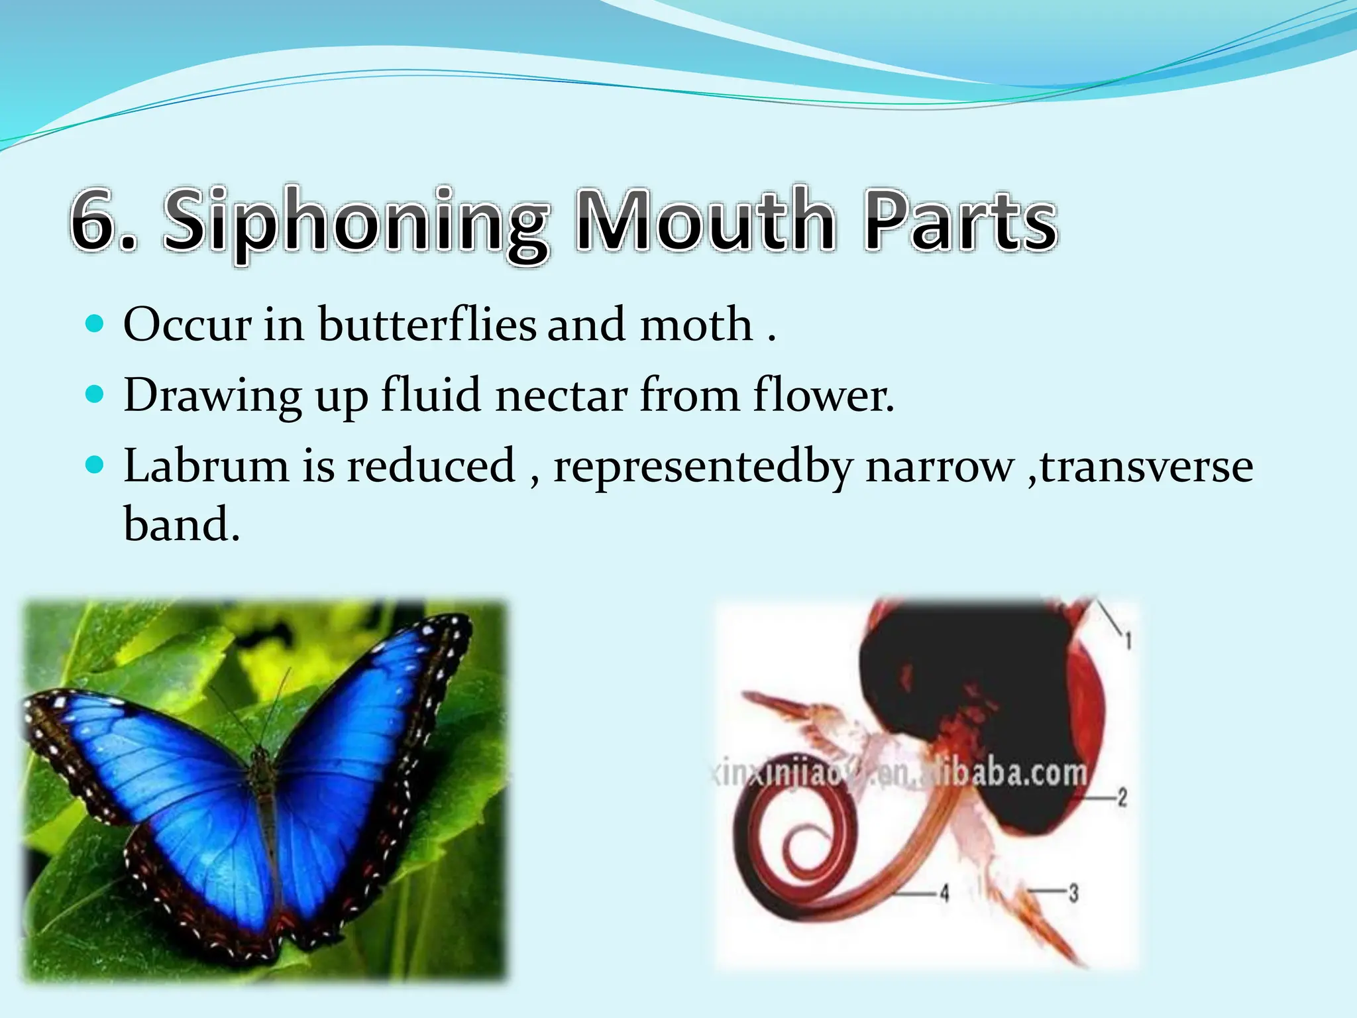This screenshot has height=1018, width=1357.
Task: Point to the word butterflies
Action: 427,325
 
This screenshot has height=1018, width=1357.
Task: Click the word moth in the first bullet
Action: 695,325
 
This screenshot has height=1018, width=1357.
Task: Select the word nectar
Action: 561,396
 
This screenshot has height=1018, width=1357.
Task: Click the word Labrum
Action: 206,465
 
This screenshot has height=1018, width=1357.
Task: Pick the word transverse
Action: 1146,465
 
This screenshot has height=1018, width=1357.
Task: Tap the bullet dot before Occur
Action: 96,325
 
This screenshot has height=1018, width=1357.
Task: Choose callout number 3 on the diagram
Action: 1073,893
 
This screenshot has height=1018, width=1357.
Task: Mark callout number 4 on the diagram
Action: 944,893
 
